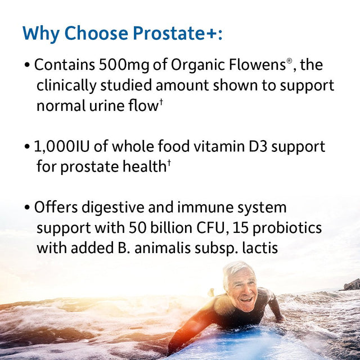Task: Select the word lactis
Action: (x=259, y=248)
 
